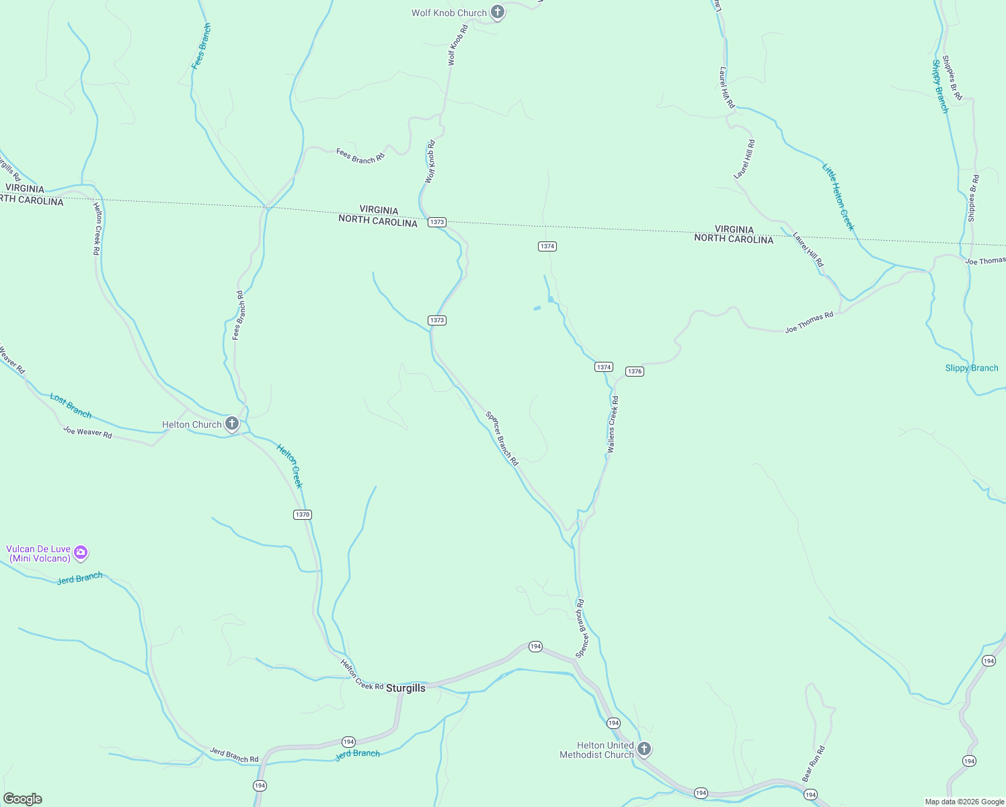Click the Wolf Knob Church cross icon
497,12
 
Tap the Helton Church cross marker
232,424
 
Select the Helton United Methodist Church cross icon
644,748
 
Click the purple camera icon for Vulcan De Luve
81,553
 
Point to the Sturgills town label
405,688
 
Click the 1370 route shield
303,514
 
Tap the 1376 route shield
635,371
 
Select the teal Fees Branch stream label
201,46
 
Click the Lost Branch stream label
71,406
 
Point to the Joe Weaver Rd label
87,432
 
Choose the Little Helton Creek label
839,197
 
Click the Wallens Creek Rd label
613,424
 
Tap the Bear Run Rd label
813,764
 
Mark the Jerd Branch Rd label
234,755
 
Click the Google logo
23,799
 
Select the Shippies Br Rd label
952,77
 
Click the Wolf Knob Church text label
449,13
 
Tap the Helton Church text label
192,424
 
